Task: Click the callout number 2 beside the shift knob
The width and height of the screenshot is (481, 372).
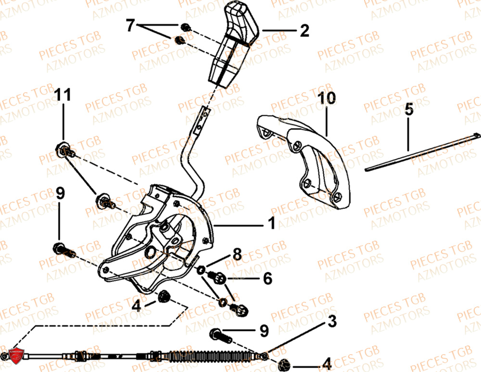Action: coord(304,31)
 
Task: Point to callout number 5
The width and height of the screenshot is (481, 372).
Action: coord(408,110)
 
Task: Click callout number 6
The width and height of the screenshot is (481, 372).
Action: coord(267,278)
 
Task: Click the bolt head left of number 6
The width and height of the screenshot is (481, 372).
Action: coord(217,277)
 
